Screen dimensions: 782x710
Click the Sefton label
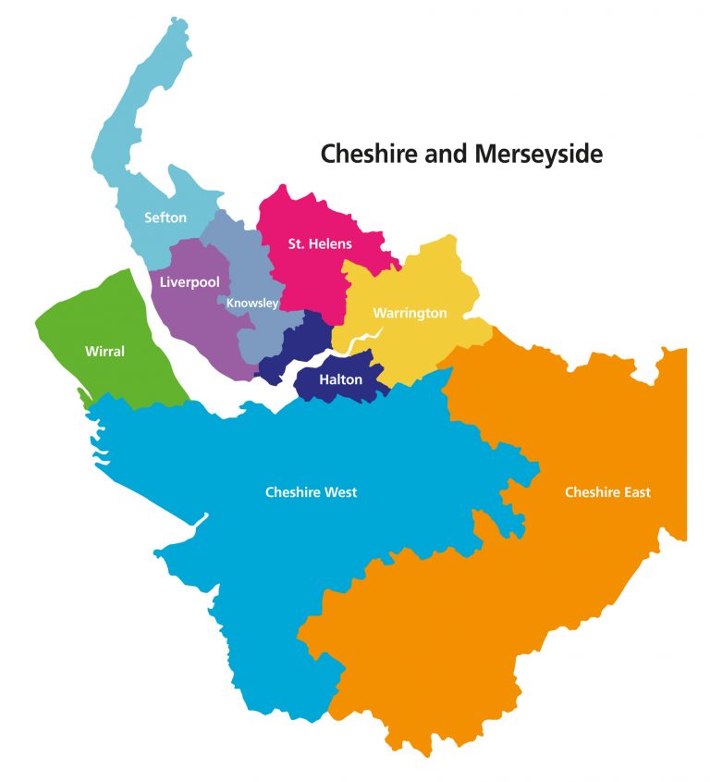[165, 218]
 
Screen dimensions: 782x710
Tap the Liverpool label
[189, 281]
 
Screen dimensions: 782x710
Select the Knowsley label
[252, 303]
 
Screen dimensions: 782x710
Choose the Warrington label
[410, 313]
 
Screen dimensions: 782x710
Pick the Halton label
[340, 379]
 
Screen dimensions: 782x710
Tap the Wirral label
[104, 352]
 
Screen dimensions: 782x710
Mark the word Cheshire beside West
[289, 492]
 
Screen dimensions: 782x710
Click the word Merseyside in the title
[538, 154]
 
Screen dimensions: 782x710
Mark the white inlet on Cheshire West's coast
[200, 520]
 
